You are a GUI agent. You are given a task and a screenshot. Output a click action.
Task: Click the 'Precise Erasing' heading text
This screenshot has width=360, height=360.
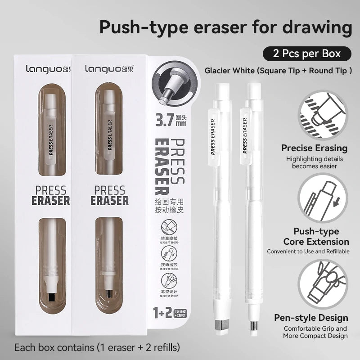315,148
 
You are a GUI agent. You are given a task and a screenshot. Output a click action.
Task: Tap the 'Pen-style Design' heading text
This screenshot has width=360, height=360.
311,318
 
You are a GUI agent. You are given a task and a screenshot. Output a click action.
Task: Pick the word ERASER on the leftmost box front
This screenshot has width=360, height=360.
50,200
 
